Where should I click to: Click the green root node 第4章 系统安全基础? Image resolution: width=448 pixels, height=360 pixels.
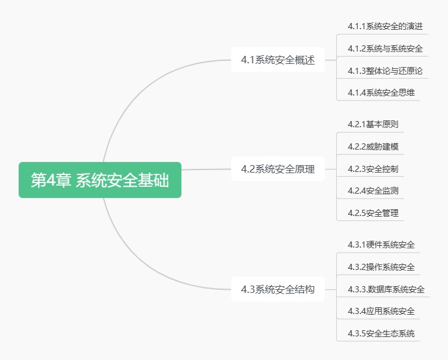(100, 180)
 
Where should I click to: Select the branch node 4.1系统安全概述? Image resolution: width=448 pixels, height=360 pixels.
(278, 60)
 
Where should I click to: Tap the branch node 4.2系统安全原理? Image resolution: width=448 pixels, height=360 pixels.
(278, 169)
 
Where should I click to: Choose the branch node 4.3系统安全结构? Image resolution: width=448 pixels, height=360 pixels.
(278, 289)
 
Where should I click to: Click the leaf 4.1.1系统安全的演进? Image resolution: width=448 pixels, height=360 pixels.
(385, 26)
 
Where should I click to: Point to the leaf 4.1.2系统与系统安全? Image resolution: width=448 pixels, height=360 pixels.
(385, 48)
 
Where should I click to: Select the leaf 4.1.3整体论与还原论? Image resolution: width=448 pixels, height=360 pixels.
(385, 71)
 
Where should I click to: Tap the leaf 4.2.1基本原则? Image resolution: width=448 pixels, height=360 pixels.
(373, 124)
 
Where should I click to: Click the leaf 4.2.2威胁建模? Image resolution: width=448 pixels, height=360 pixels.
(373, 146)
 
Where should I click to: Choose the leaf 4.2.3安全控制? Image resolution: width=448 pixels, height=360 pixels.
(373, 169)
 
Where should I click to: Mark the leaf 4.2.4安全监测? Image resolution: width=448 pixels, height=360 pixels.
(373, 191)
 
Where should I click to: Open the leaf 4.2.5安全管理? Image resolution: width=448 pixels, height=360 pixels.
(373, 213)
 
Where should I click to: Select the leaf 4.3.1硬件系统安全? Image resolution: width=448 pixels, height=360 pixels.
(381, 245)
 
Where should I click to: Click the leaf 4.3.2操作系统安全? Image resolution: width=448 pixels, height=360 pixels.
(381, 267)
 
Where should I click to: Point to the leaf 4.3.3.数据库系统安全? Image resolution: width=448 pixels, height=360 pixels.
(386, 289)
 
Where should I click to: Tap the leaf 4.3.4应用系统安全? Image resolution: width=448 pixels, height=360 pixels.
(381, 311)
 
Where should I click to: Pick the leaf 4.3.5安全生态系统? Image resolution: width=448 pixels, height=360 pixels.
(381, 333)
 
